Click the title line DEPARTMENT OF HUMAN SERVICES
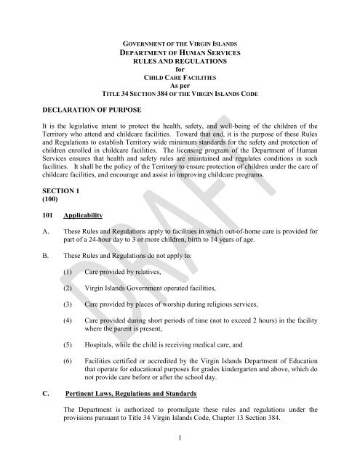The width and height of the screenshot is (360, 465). coord(180,53)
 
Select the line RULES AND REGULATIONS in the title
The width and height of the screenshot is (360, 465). coord(180,62)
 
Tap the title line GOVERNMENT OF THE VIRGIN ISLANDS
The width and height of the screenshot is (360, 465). coord(180,44)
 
